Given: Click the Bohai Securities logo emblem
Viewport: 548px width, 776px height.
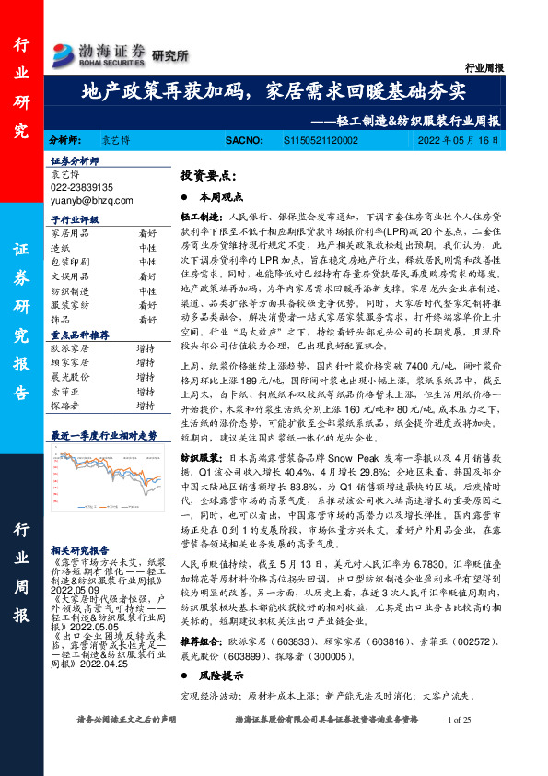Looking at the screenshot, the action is (65, 51).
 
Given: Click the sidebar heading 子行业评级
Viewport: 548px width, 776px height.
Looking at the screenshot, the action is (74, 221).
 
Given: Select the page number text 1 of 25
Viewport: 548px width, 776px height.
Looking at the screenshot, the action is (457, 746).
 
